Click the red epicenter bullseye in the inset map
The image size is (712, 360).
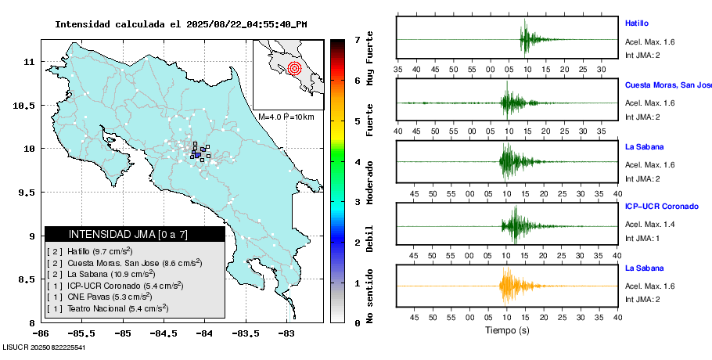[x=294, y=68]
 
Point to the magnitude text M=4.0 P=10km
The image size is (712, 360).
[x=286, y=117]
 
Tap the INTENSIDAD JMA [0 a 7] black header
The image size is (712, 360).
[x=135, y=234]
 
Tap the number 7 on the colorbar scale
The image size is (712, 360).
[x=357, y=39]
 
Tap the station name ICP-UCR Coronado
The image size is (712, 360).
[x=660, y=207]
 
